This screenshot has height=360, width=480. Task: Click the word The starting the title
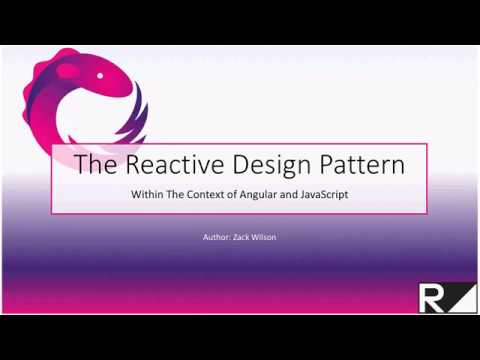click(95, 164)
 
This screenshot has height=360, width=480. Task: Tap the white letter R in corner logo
click(431, 296)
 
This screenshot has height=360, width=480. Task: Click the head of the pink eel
click(110, 70)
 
